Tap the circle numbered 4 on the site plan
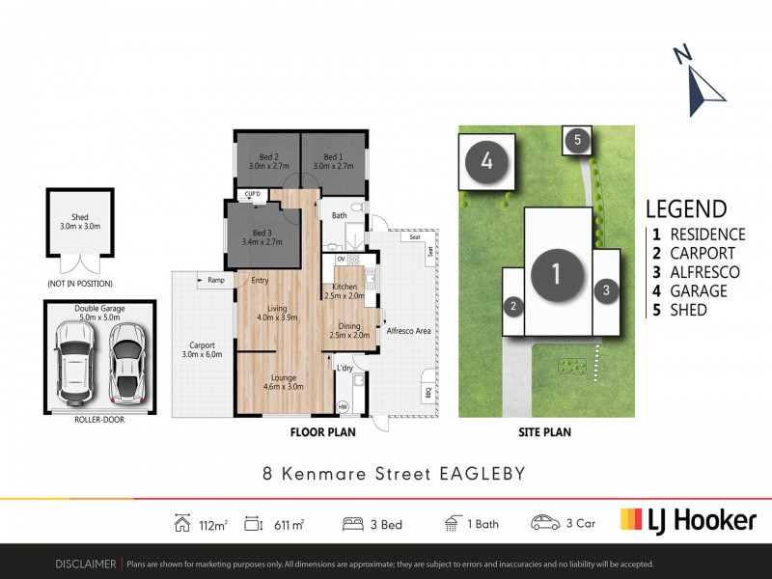pyautogui.click(x=487, y=161)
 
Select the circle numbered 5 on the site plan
pyautogui.click(x=577, y=140)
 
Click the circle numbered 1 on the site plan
pyautogui.click(x=556, y=273)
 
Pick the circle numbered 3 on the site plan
pyautogui.click(x=606, y=289)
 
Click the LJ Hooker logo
pyautogui.click(x=687, y=520)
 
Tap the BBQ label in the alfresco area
pyautogui.click(x=427, y=393)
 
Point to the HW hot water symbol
pyautogui.click(x=343, y=407)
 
